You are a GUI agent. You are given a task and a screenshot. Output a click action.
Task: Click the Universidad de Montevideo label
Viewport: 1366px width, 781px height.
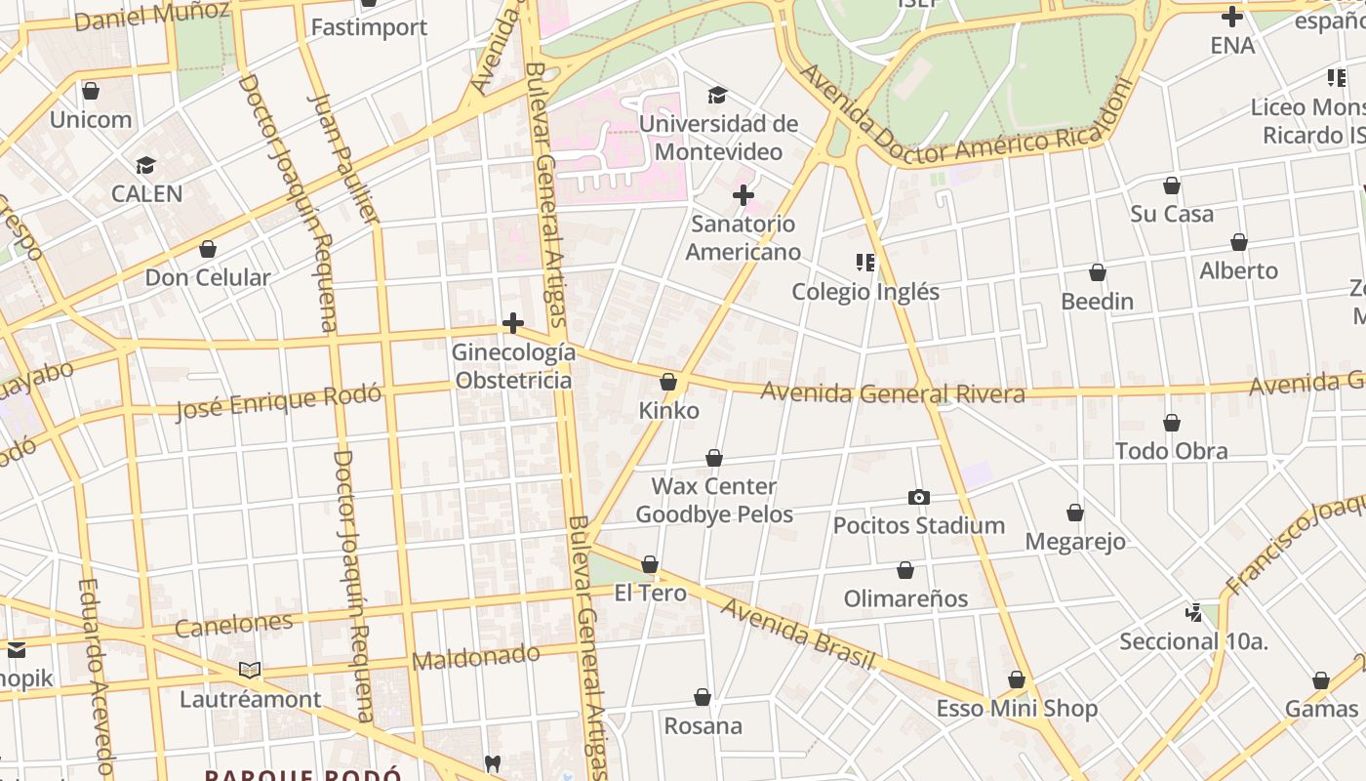click(718, 138)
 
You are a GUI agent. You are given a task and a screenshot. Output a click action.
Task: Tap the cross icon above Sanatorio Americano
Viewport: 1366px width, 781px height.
click(743, 195)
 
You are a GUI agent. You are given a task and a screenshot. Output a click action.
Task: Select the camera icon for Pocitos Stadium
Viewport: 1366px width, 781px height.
click(918, 498)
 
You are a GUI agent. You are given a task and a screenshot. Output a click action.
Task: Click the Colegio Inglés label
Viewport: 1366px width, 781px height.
click(864, 291)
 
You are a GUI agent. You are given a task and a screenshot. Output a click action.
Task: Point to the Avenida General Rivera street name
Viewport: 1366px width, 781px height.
click(892, 392)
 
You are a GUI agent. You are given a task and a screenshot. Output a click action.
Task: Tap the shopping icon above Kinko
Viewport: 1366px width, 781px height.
click(668, 382)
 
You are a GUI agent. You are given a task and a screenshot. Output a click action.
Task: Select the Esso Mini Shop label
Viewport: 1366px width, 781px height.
click(1017, 708)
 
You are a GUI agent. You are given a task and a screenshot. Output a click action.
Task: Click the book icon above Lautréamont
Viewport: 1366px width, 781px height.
click(250, 671)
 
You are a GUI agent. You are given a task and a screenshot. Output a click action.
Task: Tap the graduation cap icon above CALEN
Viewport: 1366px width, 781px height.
click(146, 166)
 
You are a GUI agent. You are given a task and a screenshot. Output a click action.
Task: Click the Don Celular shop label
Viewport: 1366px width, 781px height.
click(207, 277)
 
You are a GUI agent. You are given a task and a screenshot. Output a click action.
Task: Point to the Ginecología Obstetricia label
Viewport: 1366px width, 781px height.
click(513, 366)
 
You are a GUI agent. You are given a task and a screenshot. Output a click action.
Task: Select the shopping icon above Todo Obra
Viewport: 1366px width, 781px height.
click(1171, 423)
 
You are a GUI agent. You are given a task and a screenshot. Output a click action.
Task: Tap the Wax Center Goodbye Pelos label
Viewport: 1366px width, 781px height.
click(714, 500)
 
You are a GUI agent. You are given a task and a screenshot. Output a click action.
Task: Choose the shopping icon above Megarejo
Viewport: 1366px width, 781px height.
click(1074, 513)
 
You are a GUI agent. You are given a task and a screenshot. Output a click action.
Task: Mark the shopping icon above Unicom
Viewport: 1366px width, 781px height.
click(91, 91)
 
